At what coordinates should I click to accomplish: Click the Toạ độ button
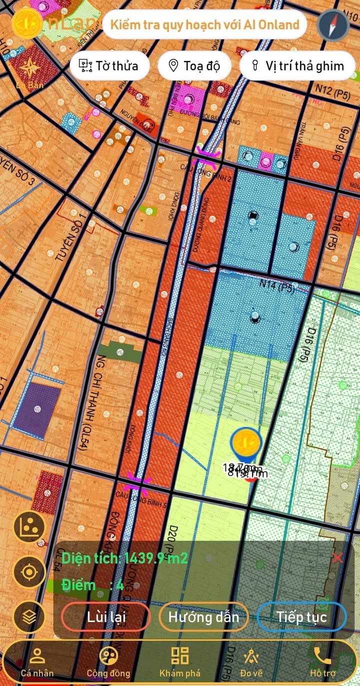click(194, 65)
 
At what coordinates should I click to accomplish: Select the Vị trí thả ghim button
click(298, 65)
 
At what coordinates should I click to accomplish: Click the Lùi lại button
click(105, 617)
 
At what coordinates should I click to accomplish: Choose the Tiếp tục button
click(301, 617)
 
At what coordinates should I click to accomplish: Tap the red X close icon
click(337, 558)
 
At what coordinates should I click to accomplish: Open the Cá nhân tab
click(37, 662)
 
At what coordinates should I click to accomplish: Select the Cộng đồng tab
click(108, 662)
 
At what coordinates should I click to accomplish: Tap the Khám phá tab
click(180, 662)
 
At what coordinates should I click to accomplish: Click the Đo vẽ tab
click(251, 662)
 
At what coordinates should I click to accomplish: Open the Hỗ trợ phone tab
click(322, 662)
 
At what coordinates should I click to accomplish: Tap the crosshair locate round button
click(29, 572)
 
